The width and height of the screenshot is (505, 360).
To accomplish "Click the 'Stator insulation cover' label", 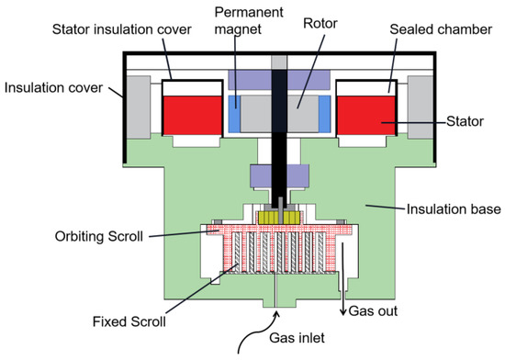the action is point(122,29).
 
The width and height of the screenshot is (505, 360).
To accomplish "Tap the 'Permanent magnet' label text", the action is point(249,20).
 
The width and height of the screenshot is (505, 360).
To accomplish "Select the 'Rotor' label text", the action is point(320,23).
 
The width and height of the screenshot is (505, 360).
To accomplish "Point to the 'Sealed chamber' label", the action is point(441,29).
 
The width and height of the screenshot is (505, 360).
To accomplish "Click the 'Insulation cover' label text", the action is point(53,87).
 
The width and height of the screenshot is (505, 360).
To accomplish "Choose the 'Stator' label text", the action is point(466,121).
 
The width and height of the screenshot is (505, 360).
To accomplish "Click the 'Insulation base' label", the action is point(454,209).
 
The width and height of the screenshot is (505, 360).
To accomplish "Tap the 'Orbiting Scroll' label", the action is point(99,236).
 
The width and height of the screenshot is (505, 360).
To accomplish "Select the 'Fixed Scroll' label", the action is point(129,321).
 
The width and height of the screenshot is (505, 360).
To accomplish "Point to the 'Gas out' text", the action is point(373,311).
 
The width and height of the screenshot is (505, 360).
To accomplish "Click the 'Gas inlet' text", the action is point(297,338).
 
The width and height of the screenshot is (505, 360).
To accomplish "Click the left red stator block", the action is point(193,116).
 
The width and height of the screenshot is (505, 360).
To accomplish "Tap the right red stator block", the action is point(365,116).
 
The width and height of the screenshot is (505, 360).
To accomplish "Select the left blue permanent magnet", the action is point(234,114).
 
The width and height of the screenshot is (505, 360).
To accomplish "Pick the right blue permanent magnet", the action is point(325,114).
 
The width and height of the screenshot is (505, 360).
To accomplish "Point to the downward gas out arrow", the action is point(343,279).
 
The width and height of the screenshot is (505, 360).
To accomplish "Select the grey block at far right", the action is point(421,107).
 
